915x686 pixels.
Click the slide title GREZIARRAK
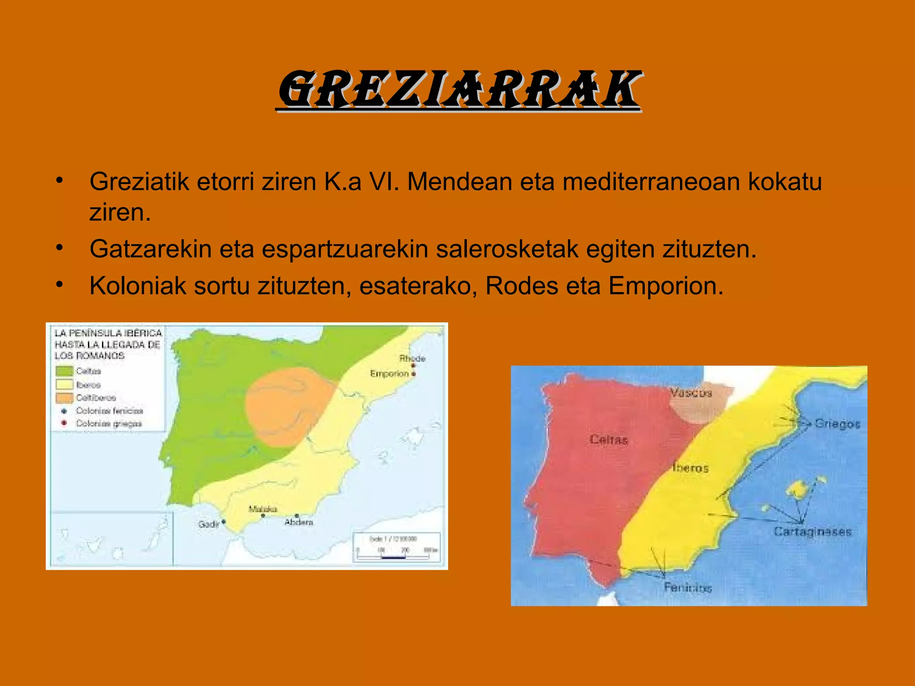tap(459, 90)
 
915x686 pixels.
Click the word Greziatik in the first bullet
tap(139, 182)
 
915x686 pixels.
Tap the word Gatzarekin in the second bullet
tap(150, 249)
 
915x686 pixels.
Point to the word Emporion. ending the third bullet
tap(666, 286)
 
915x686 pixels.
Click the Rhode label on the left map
tap(412, 359)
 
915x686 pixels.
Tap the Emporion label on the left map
tap(389, 373)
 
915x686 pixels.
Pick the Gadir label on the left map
tap(209, 524)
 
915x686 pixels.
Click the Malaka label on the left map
tap(263, 509)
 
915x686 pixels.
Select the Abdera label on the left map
tap(299, 522)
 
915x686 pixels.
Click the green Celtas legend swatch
tap(64, 371)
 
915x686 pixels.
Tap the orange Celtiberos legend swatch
tap(64, 397)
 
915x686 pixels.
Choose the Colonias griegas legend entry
tap(109, 423)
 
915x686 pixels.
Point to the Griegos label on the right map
tap(837, 423)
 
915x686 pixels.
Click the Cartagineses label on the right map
tap(813, 532)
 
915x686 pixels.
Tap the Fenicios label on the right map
tap(688, 587)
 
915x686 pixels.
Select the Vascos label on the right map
tap(691, 393)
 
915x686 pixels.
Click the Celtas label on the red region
tap(609, 440)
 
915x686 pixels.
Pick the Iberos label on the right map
tap(691, 468)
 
